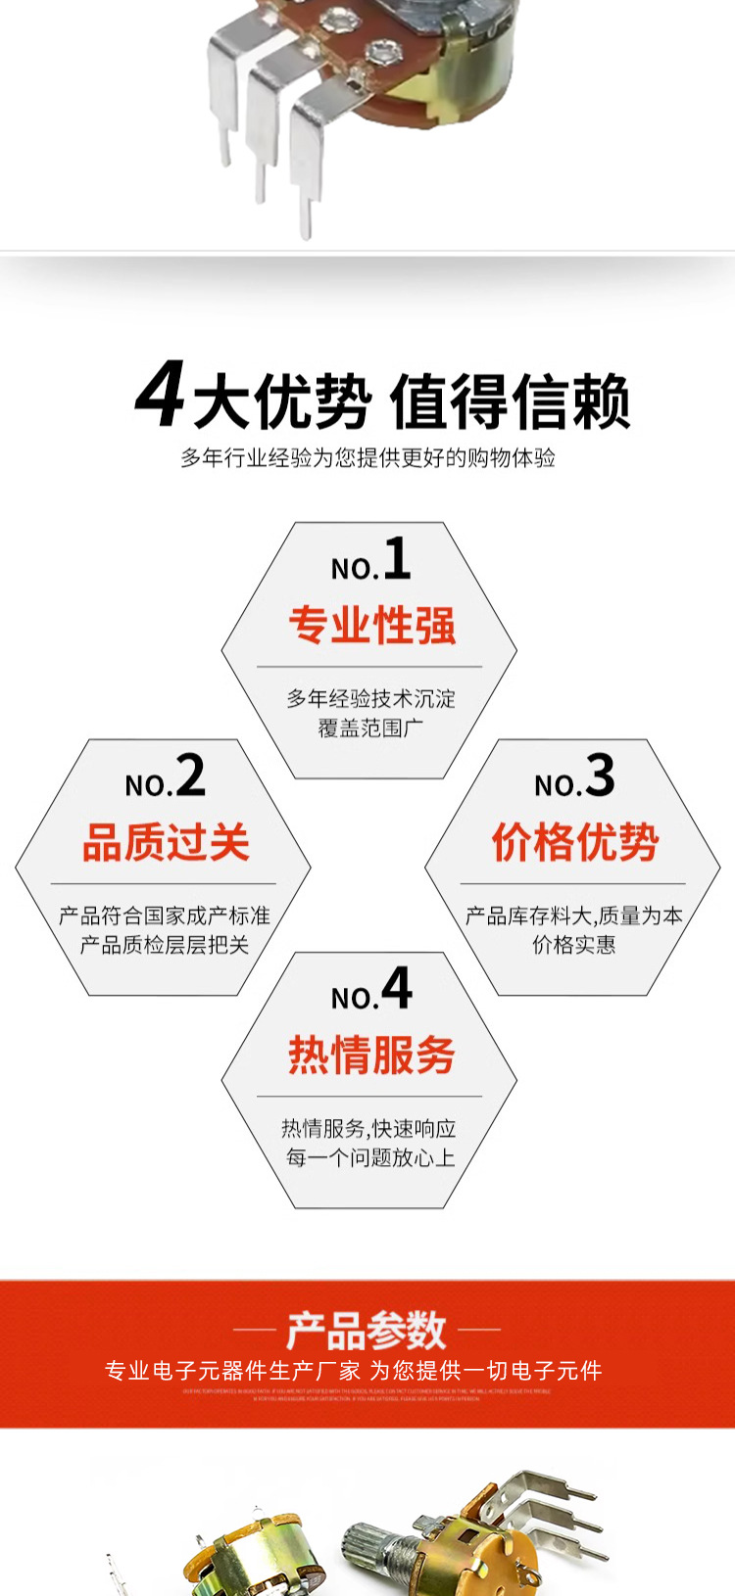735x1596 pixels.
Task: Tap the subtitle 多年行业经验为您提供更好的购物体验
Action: tap(367, 457)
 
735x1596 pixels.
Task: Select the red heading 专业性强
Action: tap(371, 626)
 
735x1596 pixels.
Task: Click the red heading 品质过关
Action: tap(166, 842)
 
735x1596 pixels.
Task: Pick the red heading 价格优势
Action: tap(574, 842)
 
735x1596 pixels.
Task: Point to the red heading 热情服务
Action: tap(371, 1055)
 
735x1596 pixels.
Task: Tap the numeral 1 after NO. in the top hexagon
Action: tap(397, 559)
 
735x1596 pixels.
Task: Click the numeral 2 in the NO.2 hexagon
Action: tap(190, 775)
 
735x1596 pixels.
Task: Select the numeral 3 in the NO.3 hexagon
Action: tap(599, 775)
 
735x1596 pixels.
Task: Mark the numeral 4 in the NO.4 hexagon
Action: tap(397, 988)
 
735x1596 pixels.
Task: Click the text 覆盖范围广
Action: tap(370, 728)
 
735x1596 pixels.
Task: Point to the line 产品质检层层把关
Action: tap(165, 945)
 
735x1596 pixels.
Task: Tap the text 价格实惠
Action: tap(573, 945)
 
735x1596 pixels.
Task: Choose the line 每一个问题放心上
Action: tap(370, 1157)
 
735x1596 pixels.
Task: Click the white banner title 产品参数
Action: tap(367, 1330)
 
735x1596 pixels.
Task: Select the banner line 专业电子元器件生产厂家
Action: tap(233, 1371)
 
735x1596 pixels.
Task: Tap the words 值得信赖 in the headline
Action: tap(510, 401)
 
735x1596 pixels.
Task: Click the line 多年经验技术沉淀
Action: tap(370, 699)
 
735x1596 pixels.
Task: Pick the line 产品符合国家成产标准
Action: tap(165, 915)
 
